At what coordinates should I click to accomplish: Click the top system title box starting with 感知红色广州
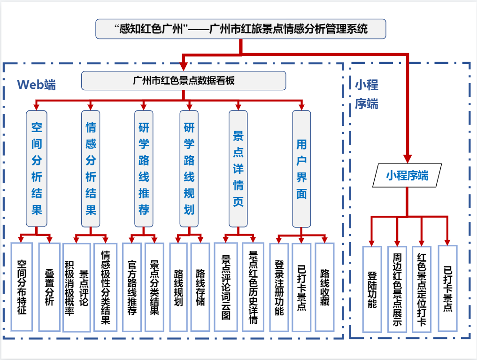click(241, 29)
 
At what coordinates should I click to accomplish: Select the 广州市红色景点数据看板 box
click(184, 80)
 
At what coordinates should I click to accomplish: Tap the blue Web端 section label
click(36, 85)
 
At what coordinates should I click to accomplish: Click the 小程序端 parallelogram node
click(407, 176)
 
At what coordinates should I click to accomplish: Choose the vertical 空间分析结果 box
click(37, 168)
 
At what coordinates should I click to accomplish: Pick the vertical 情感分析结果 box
click(91, 168)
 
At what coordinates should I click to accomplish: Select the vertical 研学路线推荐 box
click(144, 168)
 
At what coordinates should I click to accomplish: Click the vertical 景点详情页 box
click(238, 168)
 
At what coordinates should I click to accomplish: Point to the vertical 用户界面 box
click(301, 168)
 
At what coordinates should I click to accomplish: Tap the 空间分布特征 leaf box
click(22, 287)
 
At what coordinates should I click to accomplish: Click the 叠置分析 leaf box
click(49, 287)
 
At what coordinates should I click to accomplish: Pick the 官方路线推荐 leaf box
click(132, 287)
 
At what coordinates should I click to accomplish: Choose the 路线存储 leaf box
click(200, 287)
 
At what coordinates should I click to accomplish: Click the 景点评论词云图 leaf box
click(226, 287)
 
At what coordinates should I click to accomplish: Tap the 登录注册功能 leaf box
click(279, 287)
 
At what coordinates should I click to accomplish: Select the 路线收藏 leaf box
click(324, 287)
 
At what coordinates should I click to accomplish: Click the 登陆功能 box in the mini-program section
click(372, 289)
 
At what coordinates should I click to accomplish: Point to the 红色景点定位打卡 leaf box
click(422, 289)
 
